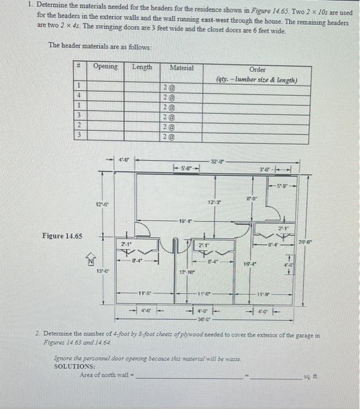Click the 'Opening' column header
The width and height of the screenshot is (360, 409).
(x=105, y=66)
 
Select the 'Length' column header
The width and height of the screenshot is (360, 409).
(x=142, y=66)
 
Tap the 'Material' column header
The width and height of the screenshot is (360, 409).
(x=181, y=68)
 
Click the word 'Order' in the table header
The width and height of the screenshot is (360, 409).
(x=257, y=69)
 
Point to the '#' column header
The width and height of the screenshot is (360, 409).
(x=78, y=67)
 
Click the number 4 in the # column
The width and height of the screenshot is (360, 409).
(x=78, y=96)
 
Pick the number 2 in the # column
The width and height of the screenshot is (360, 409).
(x=78, y=126)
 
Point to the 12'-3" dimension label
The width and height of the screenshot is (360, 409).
(x=214, y=202)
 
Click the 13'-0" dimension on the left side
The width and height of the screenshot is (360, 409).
(x=101, y=271)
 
